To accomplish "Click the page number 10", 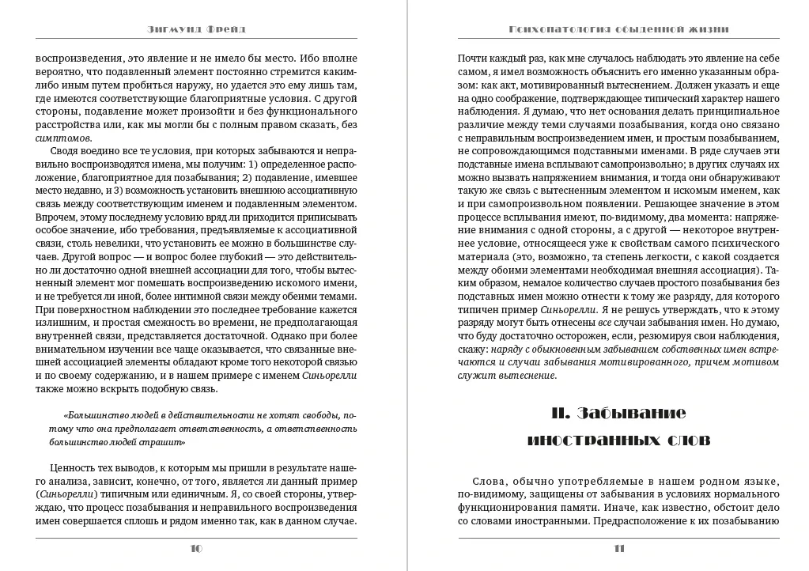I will point(197,547).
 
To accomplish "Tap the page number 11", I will point(619,547).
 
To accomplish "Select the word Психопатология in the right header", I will point(556,29).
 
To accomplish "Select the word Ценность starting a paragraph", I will point(72,468).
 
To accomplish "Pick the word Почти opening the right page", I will point(473,58).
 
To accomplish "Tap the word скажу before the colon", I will point(472,349).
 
